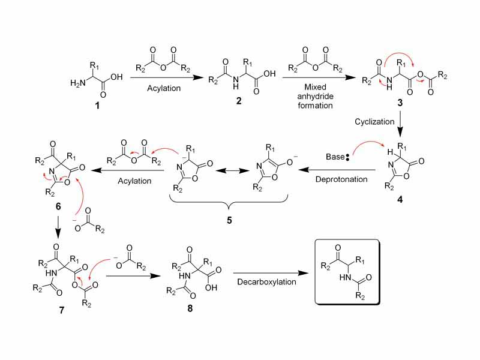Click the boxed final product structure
tap(346, 274)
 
